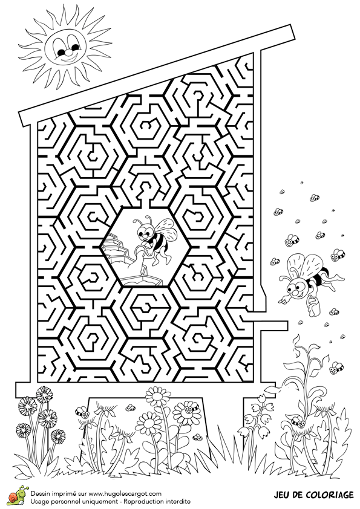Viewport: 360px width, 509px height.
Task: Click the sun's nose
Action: tap(66, 53)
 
